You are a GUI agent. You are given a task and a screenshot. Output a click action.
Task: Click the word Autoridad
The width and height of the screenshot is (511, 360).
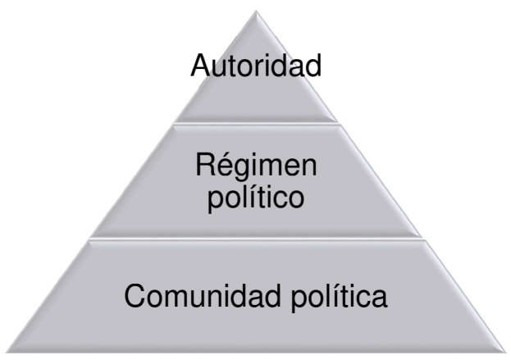[255, 65]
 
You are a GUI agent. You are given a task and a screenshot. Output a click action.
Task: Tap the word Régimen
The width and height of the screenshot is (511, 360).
[256, 166]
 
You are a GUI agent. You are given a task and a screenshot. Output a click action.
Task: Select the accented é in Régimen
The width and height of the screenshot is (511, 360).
[221, 166]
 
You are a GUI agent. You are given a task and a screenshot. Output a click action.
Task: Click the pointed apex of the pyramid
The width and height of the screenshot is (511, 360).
[256, 10]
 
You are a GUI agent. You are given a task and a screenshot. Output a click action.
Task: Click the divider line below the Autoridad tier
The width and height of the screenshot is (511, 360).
[256, 124]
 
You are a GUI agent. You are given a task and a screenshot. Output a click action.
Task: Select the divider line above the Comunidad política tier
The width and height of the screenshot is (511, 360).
[256, 239]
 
